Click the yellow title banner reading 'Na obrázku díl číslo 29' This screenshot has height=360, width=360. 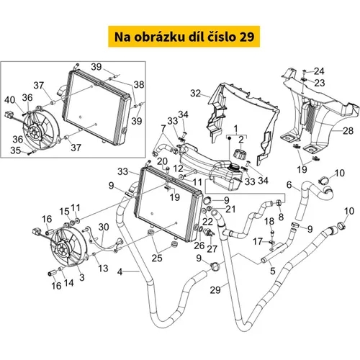184,37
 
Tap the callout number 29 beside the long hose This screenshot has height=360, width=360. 215,290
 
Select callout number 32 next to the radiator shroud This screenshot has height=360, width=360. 195,93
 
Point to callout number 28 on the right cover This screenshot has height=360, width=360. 348,131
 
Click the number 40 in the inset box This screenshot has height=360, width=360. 9,100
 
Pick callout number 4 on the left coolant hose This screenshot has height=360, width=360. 120,272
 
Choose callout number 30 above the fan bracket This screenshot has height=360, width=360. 104,227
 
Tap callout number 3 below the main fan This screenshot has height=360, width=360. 82,277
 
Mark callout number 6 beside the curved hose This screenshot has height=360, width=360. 289,185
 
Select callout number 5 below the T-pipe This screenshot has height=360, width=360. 273,271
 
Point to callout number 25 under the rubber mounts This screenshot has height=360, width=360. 157,258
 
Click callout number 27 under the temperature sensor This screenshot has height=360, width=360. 212,249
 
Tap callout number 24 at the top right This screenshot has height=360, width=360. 319,71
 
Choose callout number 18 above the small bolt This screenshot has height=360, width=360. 269,221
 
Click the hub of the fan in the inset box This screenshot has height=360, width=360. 33,132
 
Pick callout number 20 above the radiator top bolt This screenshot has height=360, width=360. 162,161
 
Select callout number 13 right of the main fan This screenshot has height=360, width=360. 103,269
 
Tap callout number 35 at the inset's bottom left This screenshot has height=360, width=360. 16,150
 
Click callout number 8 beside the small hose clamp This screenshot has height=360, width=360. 281,217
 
